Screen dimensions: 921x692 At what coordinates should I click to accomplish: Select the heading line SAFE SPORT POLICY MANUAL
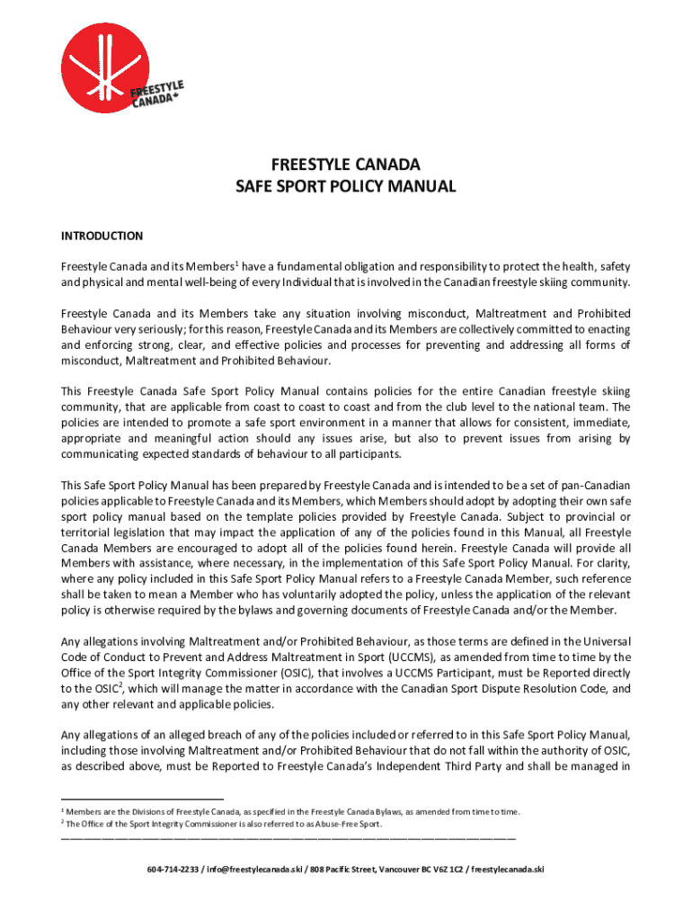(x=345, y=187)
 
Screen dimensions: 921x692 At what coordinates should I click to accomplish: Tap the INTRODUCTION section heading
(x=102, y=236)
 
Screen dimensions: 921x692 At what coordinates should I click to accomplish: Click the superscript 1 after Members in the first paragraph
(x=236, y=263)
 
